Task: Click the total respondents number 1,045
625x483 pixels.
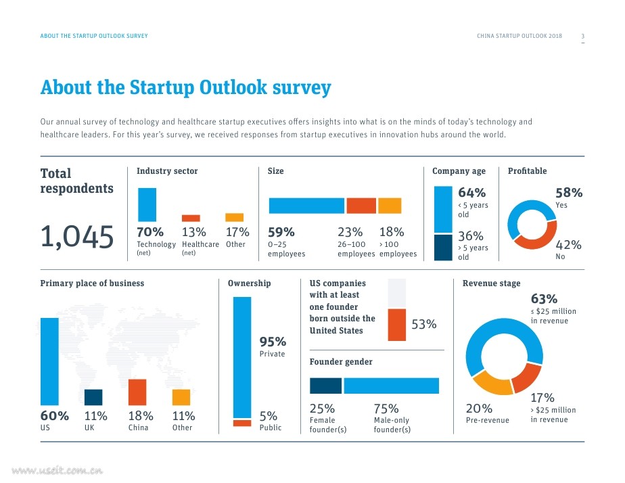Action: click(x=76, y=237)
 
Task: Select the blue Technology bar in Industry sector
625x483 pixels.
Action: click(x=147, y=204)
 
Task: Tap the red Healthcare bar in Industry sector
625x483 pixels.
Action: click(x=191, y=218)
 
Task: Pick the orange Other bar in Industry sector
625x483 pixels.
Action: click(x=234, y=217)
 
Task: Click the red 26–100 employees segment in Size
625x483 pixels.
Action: click(x=361, y=206)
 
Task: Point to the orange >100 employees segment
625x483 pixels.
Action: click(x=390, y=206)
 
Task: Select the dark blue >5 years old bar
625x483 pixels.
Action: click(x=443, y=248)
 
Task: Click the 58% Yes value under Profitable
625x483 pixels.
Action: click(x=568, y=193)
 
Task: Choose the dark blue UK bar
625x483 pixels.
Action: click(x=93, y=397)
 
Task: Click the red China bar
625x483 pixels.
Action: click(x=137, y=392)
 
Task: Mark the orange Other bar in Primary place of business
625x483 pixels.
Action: click(x=181, y=397)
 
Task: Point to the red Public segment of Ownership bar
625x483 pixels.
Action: click(x=241, y=423)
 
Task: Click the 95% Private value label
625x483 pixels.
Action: click(x=273, y=342)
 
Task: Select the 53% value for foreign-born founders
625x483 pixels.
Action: click(x=423, y=325)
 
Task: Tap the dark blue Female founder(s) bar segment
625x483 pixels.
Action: click(x=325, y=386)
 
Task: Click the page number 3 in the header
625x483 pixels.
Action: click(x=583, y=36)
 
